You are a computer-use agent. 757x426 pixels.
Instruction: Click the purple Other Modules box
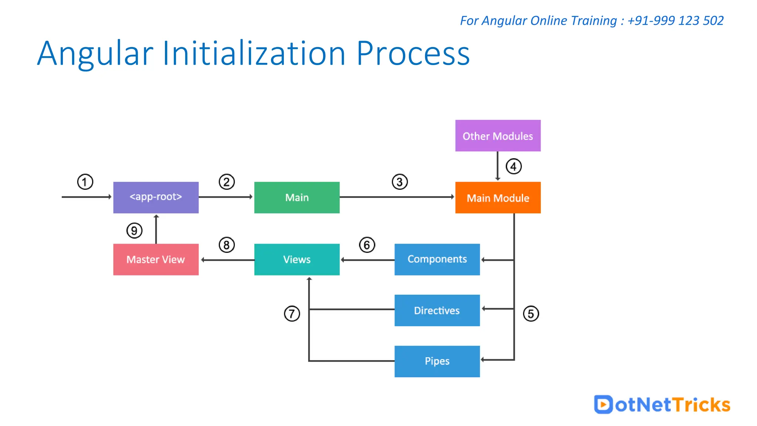(x=498, y=136)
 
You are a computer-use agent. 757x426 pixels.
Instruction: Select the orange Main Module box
(x=498, y=197)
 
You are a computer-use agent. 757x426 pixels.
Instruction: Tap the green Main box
(x=297, y=197)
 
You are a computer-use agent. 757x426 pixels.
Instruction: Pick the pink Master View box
(x=156, y=259)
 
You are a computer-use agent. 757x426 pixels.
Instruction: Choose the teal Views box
(x=297, y=259)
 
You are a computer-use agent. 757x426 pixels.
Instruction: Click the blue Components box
(x=437, y=259)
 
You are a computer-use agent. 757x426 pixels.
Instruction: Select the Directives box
(x=437, y=310)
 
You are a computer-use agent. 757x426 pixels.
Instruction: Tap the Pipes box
(x=437, y=361)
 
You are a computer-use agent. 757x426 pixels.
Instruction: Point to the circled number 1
(x=85, y=182)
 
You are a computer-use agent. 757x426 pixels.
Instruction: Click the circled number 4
(x=513, y=166)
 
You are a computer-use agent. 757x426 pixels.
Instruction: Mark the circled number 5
(x=531, y=314)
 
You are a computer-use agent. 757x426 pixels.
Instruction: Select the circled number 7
(x=292, y=314)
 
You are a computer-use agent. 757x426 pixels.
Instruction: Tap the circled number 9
(x=134, y=230)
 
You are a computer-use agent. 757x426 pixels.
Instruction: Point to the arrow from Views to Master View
(x=227, y=260)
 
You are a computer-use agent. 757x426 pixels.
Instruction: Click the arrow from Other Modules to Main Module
(x=498, y=166)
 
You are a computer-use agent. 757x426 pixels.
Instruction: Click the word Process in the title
(x=413, y=54)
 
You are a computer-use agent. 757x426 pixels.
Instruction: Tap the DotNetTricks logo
(x=662, y=405)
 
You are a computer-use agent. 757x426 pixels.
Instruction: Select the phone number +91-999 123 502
(x=675, y=21)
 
